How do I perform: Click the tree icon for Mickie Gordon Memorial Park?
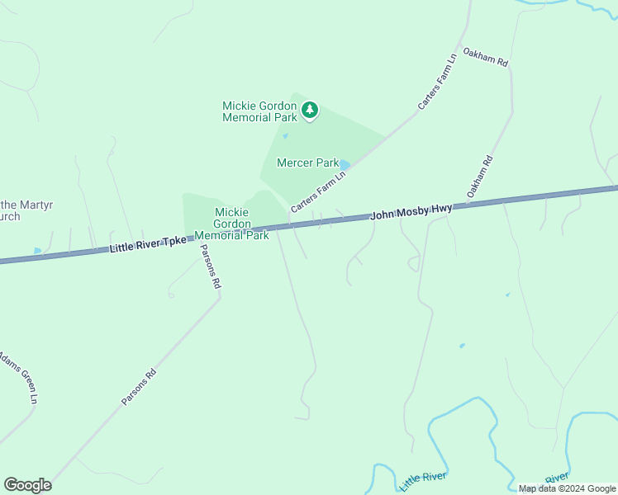coord(310,110)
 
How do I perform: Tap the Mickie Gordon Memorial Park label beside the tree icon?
coord(259,111)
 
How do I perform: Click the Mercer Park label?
coord(307,163)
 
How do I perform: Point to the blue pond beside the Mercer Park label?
coord(345,165)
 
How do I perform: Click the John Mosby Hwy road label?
coord(411,212)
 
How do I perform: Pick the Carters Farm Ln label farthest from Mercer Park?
coord(438,82)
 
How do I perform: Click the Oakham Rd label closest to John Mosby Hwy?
coord(479,177)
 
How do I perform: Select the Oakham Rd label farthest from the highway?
coord(485,57)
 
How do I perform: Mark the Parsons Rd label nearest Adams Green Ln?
coord(139,385)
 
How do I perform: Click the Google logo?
coord(27,485)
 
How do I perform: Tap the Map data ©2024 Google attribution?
coord(567,488)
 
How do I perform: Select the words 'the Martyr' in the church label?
coord(23,205)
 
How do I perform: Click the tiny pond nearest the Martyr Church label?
coord(37,250)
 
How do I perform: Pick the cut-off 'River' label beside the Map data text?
coord(557,478)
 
